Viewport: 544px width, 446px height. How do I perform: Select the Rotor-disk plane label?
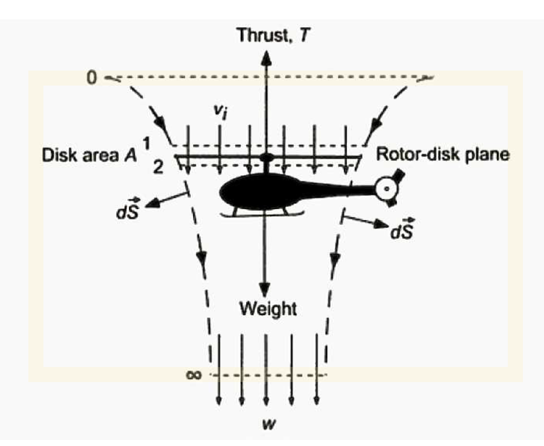pyautogui.click(x=443, y=154)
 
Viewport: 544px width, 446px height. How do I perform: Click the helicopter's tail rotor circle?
pyautogui.click(x=384, y=188)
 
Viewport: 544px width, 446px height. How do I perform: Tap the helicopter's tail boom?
pyautogui.click(x=338, y=189)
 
